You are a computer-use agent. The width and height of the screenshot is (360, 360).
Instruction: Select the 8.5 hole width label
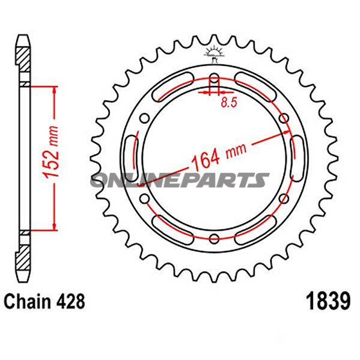click(x=229, y=103)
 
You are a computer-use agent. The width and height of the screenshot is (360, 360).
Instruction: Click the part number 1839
click(x=328, y=301)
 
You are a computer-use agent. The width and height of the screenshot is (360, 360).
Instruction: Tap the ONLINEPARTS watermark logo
click(x=180, y=180)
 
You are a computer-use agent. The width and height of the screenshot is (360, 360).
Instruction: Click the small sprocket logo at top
click(x=214, y=54)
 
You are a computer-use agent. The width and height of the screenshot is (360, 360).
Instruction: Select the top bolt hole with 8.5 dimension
click(x=214, y=78)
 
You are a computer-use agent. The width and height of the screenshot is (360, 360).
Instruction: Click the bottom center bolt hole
click(x=214, y=239)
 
